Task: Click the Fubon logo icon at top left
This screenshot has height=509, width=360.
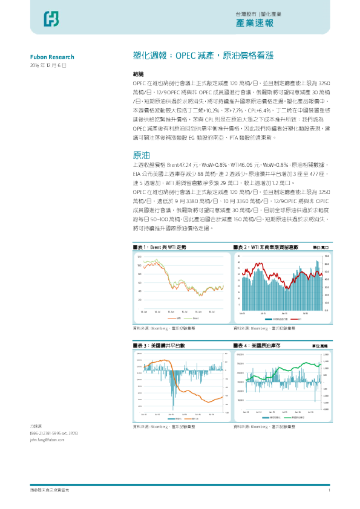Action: (x=51, y=19)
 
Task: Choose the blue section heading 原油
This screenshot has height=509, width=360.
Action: (x=140, y=155)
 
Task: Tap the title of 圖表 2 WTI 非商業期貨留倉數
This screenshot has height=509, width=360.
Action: (x=266, y=247)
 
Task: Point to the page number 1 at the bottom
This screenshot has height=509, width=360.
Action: (x=329, y=490)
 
